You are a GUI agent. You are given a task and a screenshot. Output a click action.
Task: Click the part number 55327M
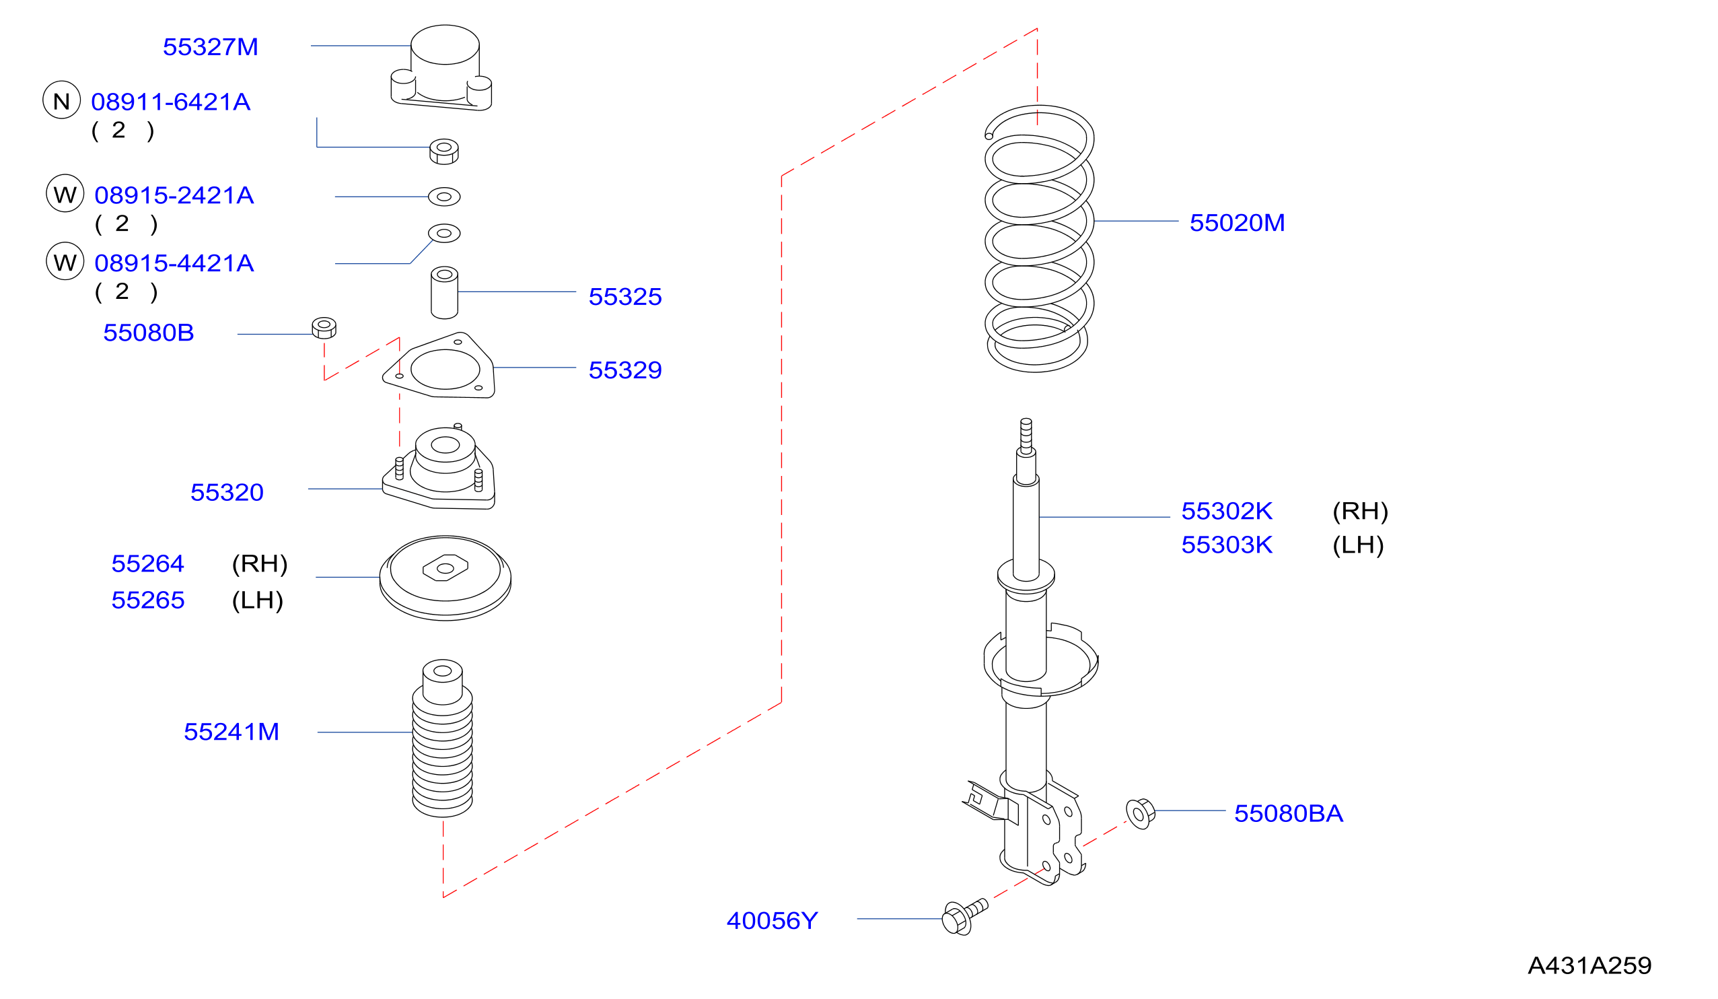point(211,47)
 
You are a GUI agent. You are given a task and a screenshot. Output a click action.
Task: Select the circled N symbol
point(62,100)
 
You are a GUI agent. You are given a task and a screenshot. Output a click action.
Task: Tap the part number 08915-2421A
point(174,196)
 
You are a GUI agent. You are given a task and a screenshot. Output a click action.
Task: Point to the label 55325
point(625,298)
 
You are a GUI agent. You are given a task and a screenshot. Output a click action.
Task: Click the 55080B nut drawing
point(324,328)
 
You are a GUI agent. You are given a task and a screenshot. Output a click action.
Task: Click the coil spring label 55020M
point(1238,223)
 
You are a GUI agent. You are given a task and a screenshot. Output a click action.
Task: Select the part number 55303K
point(1227,545)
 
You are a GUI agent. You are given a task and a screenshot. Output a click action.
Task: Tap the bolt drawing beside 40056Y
point(965,917)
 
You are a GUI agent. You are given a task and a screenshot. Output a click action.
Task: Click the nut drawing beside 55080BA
point(1141,813)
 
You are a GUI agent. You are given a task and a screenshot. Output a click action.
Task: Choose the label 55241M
point(231,732)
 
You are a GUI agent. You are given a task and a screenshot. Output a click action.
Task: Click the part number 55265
point(148,600)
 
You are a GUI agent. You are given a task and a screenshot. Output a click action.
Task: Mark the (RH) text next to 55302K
point(1361,512)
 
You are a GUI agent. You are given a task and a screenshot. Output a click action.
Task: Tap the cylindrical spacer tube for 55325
point(445,294)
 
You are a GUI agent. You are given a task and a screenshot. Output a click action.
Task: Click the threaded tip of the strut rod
point(1026,434)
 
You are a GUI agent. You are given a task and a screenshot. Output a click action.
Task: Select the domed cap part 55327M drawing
point(441,68)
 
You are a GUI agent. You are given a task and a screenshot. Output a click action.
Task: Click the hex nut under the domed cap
point(444,152)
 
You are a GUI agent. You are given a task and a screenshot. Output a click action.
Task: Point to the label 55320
point(227,493)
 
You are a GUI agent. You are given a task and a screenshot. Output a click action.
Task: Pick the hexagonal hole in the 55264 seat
point(445,568)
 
